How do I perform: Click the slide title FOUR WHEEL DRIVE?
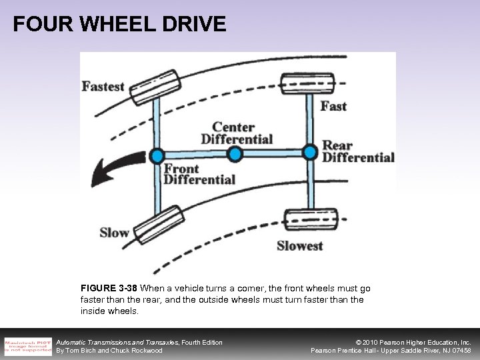tap(120, 25)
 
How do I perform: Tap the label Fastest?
tap(103, 86)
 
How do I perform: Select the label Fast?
tap(333, 105)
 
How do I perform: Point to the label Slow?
tap(114, 233)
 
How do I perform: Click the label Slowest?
tap(300, 245)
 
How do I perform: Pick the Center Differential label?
tap(242, 133)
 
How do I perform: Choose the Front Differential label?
tap(199, 174)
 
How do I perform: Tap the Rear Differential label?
tap(358, 151)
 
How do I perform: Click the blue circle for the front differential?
tap(156, 155)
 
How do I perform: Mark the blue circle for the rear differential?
tap(309, 151)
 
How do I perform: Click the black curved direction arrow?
tap(113, 172)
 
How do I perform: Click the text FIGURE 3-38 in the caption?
tap(109, 289)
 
